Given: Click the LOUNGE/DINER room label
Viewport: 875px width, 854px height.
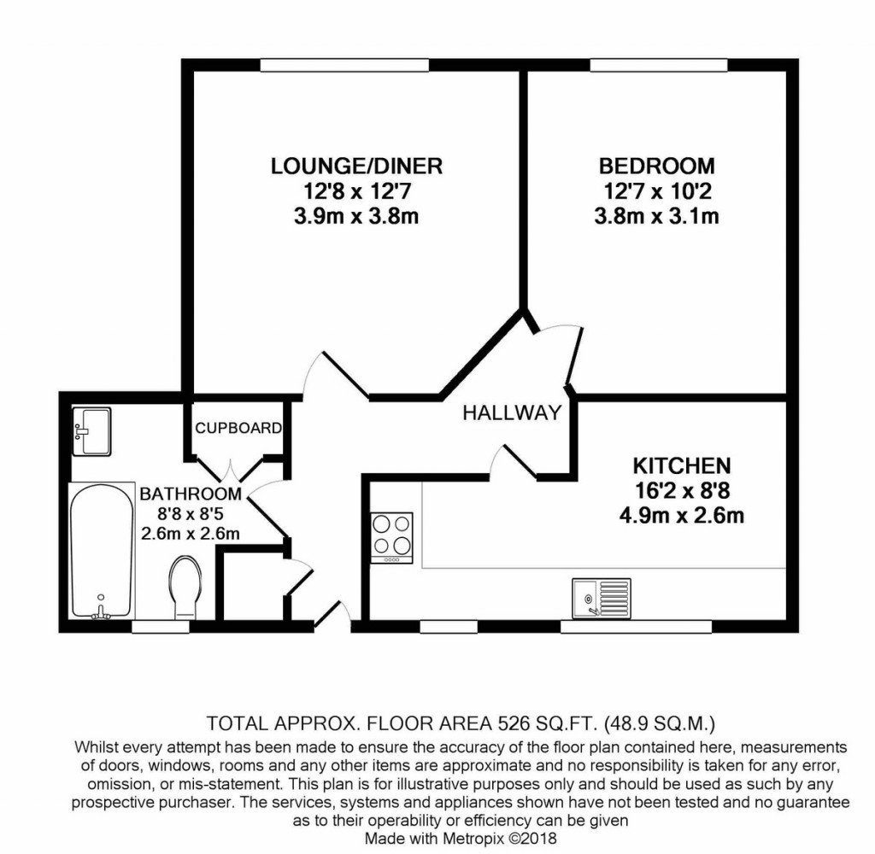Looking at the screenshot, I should (x=356, y=166).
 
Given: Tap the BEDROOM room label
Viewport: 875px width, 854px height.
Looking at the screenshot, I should (x=656, y=166).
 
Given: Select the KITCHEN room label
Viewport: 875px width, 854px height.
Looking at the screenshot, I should (x=681, y=466).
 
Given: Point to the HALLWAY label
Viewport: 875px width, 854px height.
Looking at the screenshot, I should (x=512, y=413).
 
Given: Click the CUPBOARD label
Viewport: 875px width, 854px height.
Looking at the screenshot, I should (x=238, y=428).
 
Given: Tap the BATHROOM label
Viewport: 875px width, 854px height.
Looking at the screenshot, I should (x=190, y=494).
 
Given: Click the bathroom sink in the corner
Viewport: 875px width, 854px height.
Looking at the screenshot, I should (x=91, y=430).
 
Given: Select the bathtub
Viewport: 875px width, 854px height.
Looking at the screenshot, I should (x=101, y=549).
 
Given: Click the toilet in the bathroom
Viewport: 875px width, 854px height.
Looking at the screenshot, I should (x=185, y=587).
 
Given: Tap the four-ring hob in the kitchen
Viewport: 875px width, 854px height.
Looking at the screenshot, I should (x=391, y=537).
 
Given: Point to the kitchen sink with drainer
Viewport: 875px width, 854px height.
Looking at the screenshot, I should (x=602, y=597).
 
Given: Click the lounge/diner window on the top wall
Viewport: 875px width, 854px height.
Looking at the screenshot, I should (x=344, y=65).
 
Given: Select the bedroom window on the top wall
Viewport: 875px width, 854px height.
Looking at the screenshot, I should (x=658, y=65).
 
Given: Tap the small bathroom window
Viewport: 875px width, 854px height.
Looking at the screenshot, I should (x=161, y=627).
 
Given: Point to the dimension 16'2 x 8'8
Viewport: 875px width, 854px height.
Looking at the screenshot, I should (x=681, y=491).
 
